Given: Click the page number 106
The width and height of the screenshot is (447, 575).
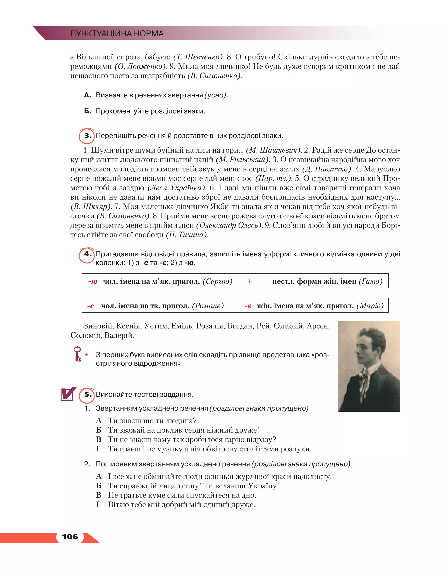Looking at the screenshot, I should tap(70, 537).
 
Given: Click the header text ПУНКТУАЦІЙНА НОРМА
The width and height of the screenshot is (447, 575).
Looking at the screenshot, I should tap(117, 33).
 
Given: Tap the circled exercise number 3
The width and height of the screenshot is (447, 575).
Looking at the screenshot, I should tap(87, 136).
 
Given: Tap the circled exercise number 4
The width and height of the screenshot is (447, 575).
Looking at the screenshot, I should tap(87, 254).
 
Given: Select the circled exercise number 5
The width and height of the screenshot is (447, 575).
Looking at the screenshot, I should tap(87, 395).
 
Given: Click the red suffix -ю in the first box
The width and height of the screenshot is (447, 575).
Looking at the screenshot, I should tap(93, 282).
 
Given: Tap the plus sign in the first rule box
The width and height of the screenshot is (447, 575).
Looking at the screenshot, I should tap(250, 281).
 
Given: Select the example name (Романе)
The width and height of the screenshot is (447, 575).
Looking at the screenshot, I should tap(208, 306).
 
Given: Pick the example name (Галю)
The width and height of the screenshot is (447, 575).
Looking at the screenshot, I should tap(370, 281).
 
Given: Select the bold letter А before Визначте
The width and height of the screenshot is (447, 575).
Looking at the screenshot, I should tap(87, 95).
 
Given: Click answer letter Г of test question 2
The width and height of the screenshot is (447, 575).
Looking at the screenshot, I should tap(98, 505).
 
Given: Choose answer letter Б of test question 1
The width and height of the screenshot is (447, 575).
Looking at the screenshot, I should tap(98, 430).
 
